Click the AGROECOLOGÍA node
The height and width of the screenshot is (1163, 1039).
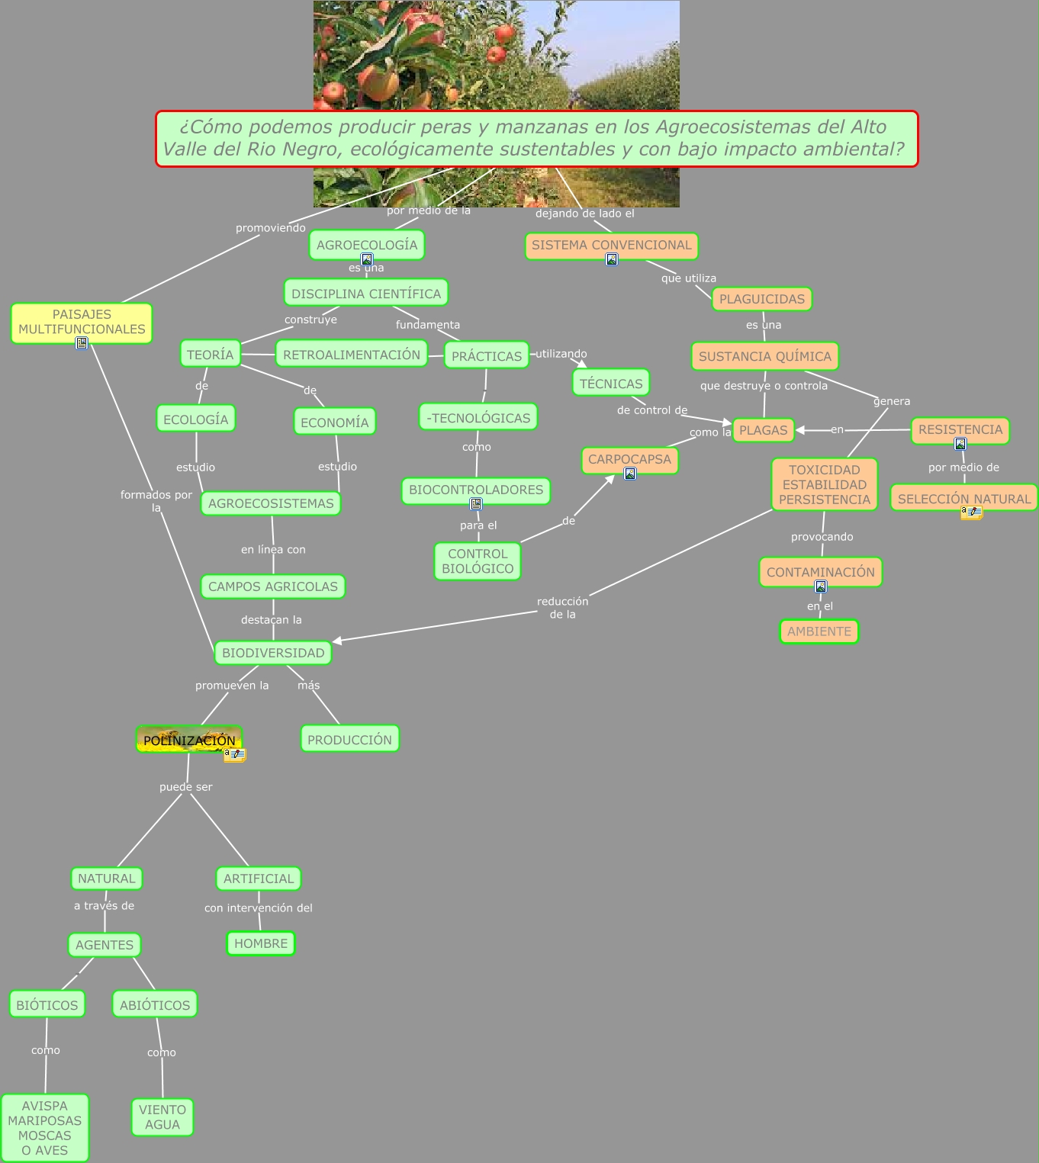[x=367, y=245]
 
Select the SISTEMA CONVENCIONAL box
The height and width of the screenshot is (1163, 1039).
[x=612, y=246]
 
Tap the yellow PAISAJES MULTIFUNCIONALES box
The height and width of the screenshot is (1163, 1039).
[x=82, y=323]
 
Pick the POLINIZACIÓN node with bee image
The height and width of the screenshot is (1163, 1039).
[x=189, y=739]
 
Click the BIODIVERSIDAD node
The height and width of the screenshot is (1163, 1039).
[x=273, y=653]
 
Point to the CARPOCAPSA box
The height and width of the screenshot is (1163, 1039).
[x=629, y=460]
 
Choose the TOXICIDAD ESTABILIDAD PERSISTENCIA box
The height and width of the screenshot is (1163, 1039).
[x=824, y=484]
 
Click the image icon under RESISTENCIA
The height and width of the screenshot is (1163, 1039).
[x=960, y=444]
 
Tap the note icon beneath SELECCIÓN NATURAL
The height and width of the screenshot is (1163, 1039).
[x=971, y=512]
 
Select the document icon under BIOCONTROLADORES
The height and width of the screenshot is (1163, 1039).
[x=476, y=504]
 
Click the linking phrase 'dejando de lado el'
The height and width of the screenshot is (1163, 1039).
[x=584, y=214]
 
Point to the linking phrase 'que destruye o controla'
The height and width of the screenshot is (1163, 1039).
[x=764, y=386]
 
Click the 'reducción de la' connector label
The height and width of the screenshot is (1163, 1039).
[x=562, y=608]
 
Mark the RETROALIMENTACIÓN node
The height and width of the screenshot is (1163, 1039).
[x=352, y=354]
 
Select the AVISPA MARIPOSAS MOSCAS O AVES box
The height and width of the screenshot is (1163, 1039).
[x=44, y=1127]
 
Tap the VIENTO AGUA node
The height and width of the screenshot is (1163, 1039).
[x=162, y=1116]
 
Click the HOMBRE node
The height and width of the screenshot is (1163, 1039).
[x=261, y=943]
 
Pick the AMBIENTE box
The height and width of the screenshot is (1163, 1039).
[x=819, y=631]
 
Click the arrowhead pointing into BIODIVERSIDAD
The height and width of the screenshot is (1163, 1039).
[x=336, y=641]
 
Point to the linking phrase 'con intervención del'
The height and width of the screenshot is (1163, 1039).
[x=259, y=908]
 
